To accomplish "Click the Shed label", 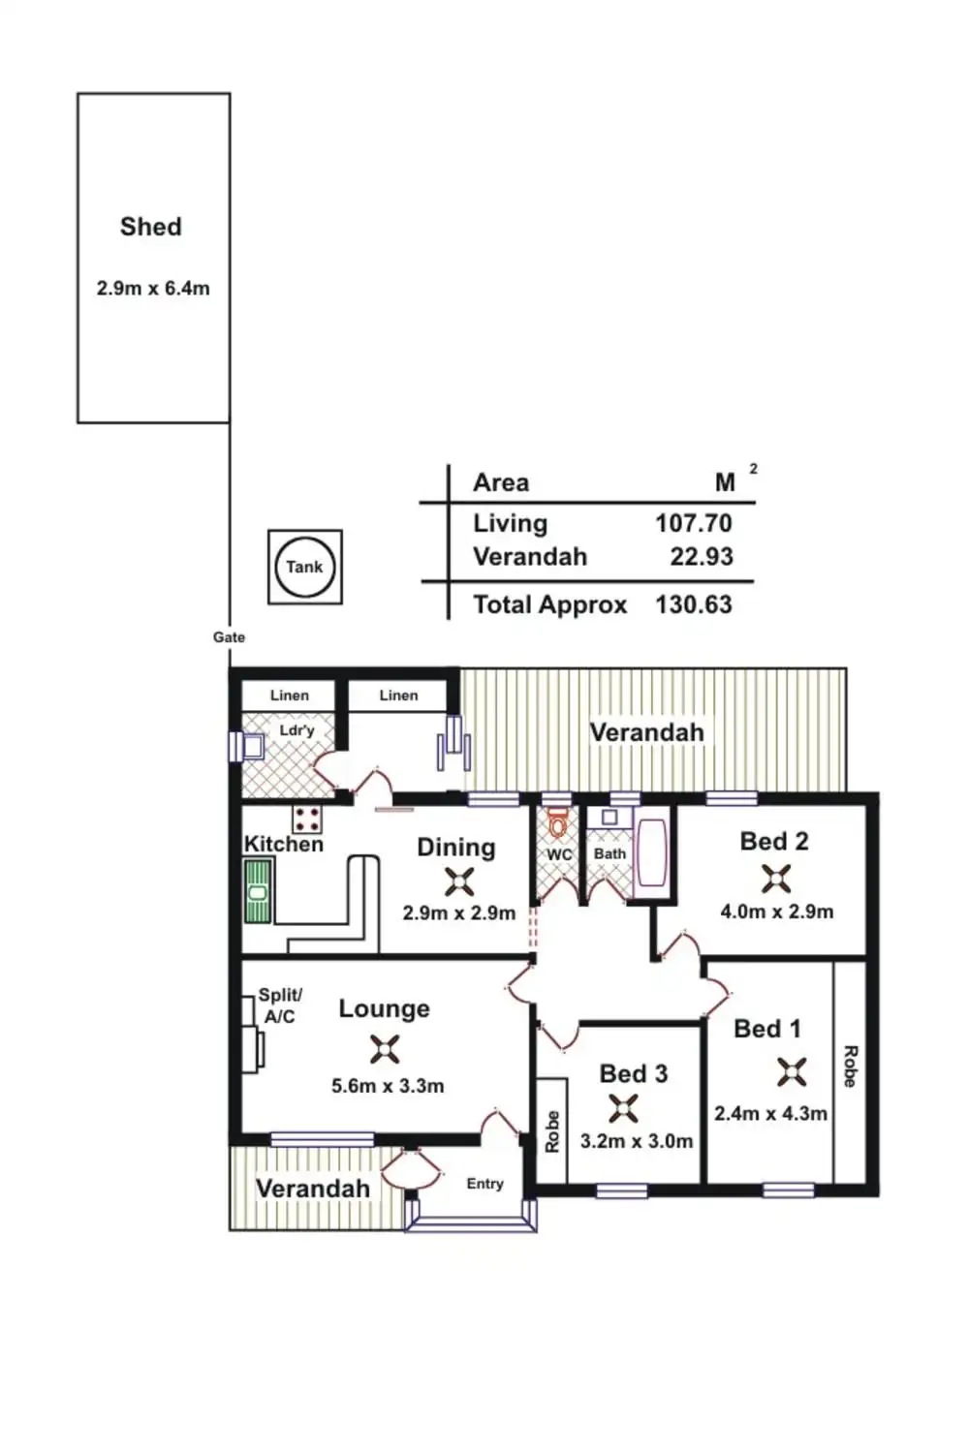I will coord(151,227).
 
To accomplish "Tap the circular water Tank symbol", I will coord(304,567).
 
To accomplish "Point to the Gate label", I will coord(229,637).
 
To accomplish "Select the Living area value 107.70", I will coord(693,524).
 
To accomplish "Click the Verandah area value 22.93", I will coord(702,557).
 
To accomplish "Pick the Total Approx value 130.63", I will coord(693,605).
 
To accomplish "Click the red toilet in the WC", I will coord(557,825).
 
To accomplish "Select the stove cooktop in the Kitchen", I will coord(307,819).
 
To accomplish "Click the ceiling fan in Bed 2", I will coord(776,878).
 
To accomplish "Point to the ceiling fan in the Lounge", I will coord(385,1049).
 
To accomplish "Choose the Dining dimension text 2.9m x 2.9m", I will coord(458,913).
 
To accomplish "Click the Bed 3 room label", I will coord(634,1073).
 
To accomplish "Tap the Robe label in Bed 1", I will coord(850,1066).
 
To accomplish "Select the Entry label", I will coord(484,1184).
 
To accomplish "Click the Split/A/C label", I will coord(280,1006).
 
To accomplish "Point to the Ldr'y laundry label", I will coord(297,730).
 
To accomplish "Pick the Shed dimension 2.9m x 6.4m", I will coord(153,289).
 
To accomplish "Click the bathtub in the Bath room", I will coord(650,853).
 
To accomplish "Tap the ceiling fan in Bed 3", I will coord(623,1107).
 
